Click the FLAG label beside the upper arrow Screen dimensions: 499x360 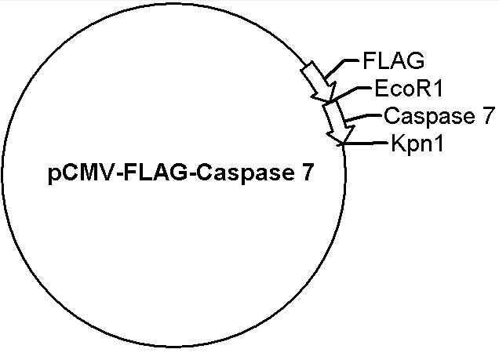point(393,60)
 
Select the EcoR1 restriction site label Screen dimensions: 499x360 point(409,88)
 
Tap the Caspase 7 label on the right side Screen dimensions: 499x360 point(439,115)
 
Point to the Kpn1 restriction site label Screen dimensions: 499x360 point(417,144)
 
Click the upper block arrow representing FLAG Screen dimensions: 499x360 point(319,82)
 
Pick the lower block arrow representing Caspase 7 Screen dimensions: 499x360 point(338,122)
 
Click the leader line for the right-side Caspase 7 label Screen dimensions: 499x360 point(363,117)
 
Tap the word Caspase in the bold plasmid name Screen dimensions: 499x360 point(245,173)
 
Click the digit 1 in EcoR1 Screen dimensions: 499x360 point(438,88)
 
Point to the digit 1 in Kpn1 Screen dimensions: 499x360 point(439,144)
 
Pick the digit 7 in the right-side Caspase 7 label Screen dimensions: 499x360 point(489,115)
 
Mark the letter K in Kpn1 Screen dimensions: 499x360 point(398,144)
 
